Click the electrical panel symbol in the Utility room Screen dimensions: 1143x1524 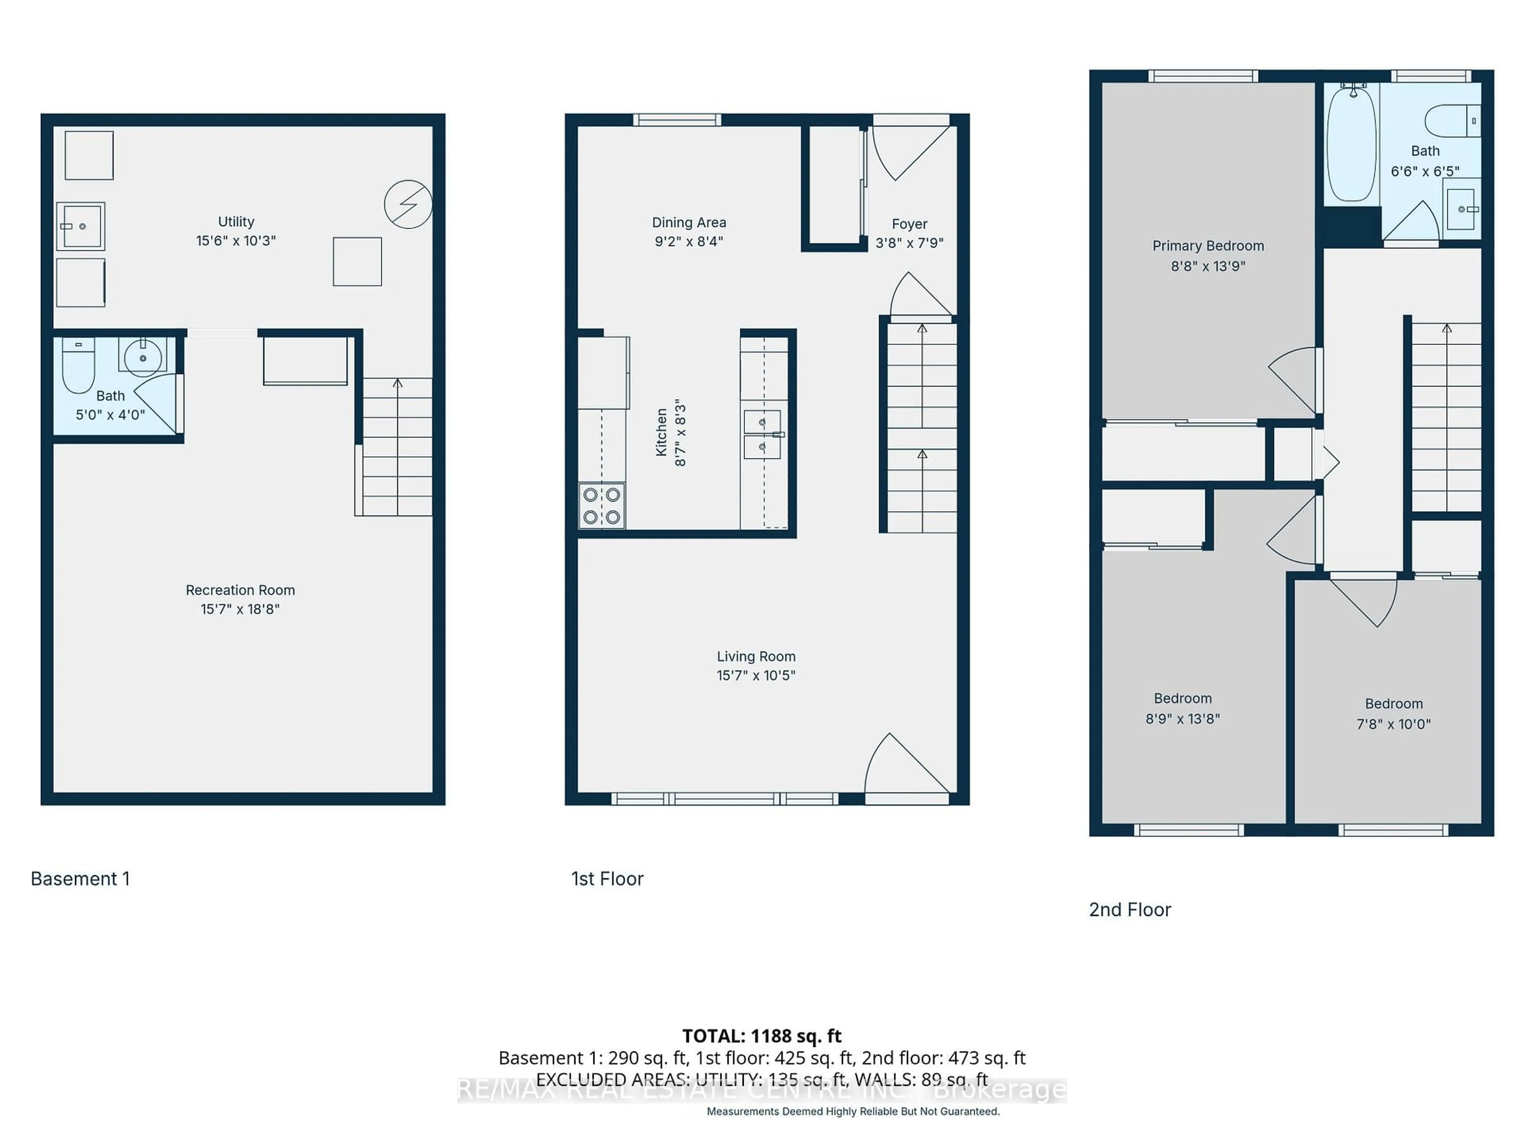point(408,204)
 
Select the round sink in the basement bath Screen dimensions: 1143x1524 point(142,357)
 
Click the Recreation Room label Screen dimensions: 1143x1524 point(240,591)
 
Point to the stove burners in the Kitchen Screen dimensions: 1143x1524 point(602,506)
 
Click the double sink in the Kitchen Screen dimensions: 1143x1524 point(762,435)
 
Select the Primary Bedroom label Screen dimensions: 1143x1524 point(1208,246)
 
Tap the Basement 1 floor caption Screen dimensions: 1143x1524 point(80,879)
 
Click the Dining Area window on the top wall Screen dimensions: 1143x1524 point(677,120)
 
